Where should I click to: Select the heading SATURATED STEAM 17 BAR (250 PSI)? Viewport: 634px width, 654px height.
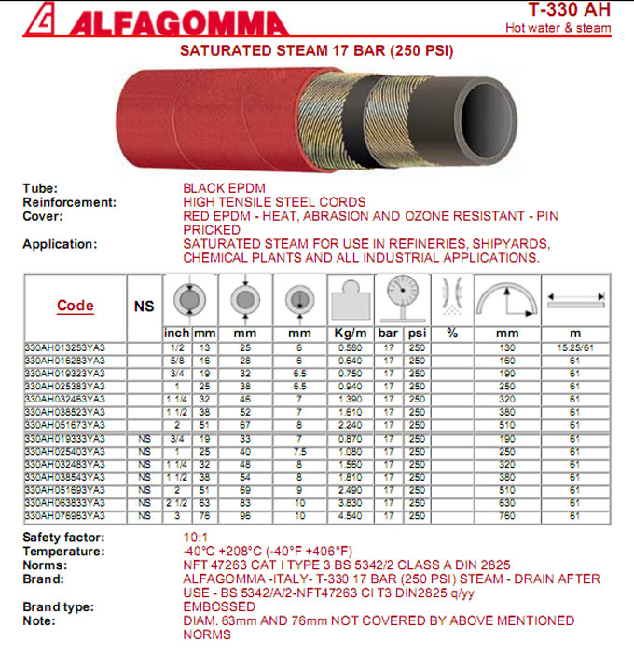[316, 50]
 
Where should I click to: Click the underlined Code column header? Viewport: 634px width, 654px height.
[76, 306]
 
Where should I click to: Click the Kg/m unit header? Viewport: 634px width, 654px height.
[349, 334]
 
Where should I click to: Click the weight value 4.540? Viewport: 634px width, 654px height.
[350, 514]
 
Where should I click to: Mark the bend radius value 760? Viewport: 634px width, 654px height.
[507, 514]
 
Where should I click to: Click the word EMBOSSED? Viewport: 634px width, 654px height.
[219, 606]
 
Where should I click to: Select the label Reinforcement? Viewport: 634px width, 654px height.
[70, 201]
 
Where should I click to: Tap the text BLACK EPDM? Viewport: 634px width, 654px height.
[224, 188]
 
